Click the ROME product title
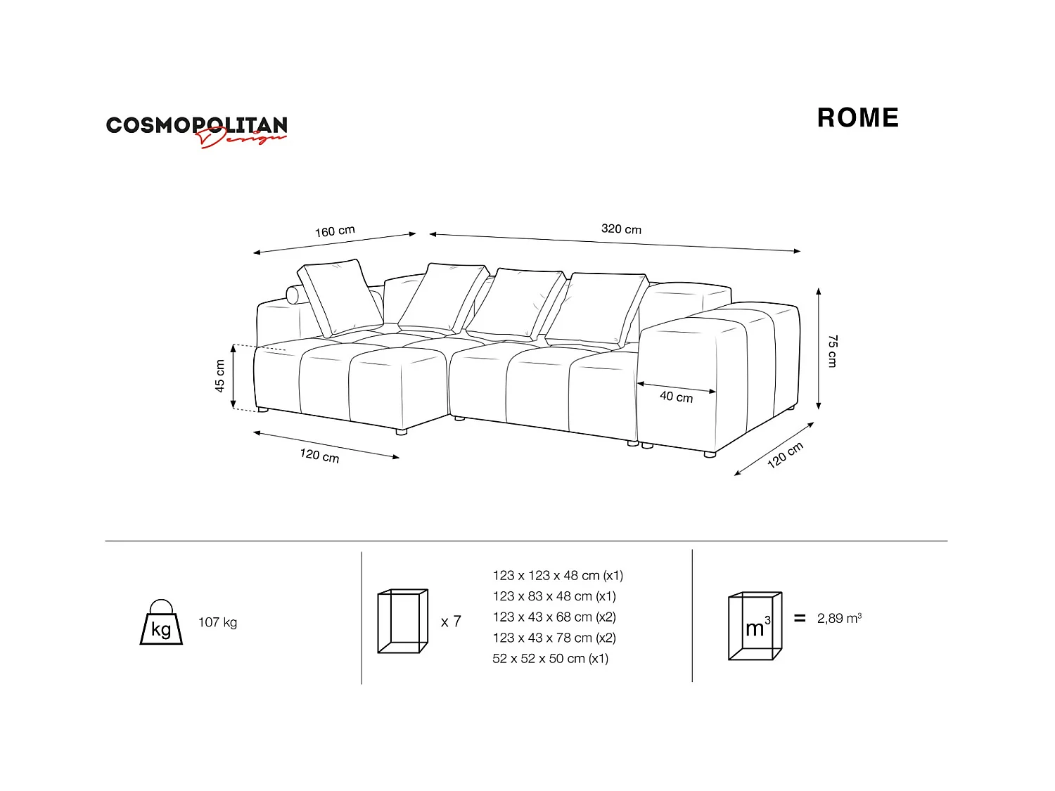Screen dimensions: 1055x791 click(857, 118)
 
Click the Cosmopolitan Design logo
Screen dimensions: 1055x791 click(196, 130)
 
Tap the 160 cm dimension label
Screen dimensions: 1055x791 click(335, 231)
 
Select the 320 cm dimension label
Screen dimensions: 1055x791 click(621, 229)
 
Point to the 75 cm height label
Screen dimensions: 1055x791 click(832, 351)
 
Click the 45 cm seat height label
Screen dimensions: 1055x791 click(220, 376)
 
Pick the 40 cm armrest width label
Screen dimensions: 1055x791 click(676, 397)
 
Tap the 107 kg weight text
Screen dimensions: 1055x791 click(217, 622)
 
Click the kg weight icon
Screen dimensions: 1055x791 click(161, 622)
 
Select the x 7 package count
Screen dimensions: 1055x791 click(451, 622)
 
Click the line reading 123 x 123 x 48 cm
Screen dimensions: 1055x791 click(558, 575)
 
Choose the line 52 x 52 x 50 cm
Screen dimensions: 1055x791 click(550, 659)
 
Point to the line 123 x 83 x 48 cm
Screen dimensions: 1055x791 click(554, 596)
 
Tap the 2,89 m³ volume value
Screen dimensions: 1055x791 click(839, 618)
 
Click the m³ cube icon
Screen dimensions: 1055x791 click(755, 626)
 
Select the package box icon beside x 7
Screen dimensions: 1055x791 click(402, 622)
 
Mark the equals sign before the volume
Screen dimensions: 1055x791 click(799, 618)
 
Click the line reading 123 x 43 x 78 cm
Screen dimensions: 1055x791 click(554, 638)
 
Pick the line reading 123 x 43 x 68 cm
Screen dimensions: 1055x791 click(554, 617)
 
